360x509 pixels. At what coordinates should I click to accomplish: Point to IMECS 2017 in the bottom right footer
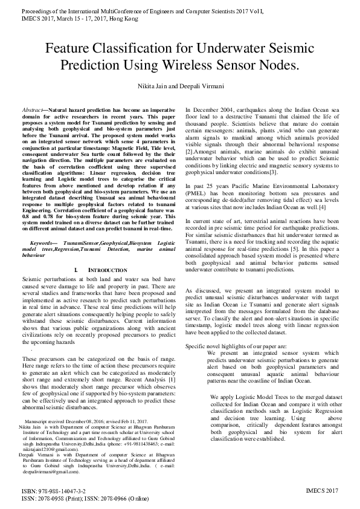coord(323,492)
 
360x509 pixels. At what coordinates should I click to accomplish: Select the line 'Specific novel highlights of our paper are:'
coord(236,345)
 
